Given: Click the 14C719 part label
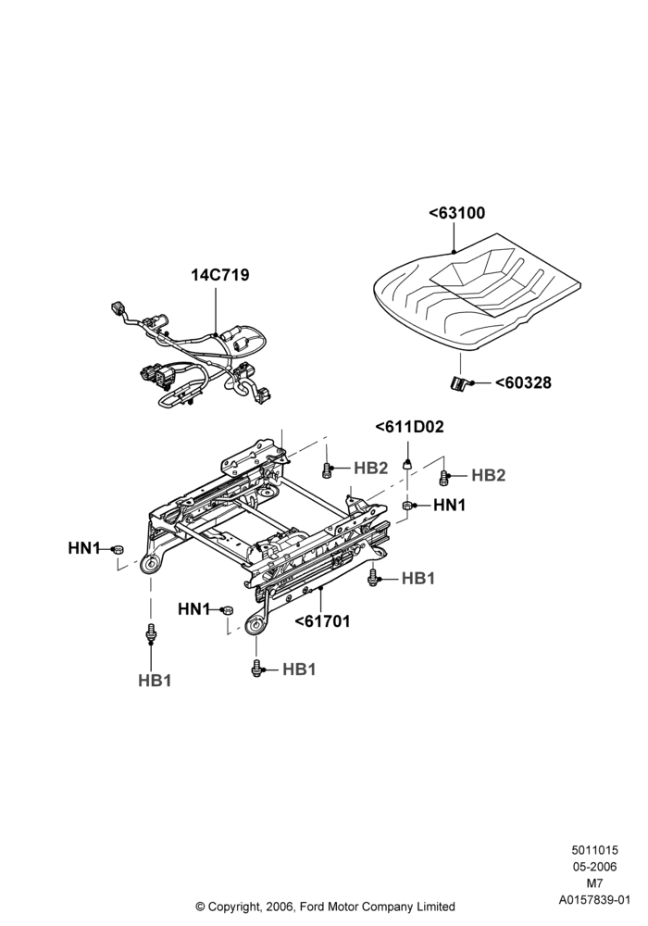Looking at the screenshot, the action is [219, 275].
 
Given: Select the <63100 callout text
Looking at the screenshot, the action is [456, 213].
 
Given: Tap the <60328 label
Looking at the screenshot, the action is [523, 382].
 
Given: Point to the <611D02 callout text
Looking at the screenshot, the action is [409, 426].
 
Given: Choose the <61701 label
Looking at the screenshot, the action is [322, 621].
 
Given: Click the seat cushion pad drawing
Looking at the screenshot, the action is [477, 291].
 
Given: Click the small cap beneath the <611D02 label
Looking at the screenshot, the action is [407, 465].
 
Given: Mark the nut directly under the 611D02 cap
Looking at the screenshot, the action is [407, 505].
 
